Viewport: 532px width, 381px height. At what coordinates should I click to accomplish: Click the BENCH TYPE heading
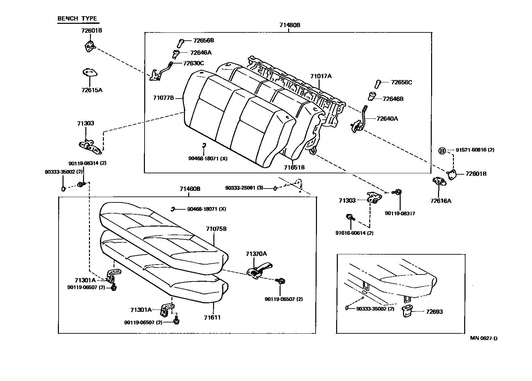coord(77,19)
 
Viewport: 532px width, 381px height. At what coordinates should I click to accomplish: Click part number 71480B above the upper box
coord(289,25)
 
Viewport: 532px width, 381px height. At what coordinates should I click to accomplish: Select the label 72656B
coord(203,40)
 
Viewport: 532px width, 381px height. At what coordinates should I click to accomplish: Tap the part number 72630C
coord(194,63)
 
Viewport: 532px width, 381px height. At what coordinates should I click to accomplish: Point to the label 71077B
coord(163,98)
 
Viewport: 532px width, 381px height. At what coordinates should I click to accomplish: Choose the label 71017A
coord(321,76)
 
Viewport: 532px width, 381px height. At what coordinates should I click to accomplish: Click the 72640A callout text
coord(387,118)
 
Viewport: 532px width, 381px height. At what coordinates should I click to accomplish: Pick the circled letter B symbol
coord(442,151)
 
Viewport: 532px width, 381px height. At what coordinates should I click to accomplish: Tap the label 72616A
coord(441,201)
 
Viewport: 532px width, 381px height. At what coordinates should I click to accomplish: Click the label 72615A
coord(92,90)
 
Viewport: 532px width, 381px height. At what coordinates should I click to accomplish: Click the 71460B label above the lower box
coord(190,189)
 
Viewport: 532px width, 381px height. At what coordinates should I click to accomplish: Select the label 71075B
coord(216,229)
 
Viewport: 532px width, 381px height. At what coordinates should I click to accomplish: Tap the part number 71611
coord(212,317)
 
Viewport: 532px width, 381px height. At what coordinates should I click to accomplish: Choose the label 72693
coord(434,312)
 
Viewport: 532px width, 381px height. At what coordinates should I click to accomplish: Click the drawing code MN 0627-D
coord(484,338)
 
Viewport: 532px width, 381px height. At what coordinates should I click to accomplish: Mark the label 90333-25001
coord(244,188)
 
